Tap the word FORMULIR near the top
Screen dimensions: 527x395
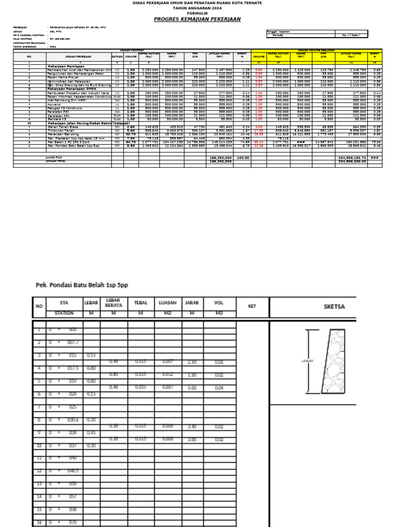(x=197, y=14)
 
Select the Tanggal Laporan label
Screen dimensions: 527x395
(x=279, y=31)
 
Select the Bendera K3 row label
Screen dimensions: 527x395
(x=58, y=119)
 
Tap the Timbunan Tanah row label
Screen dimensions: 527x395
(x=61, y=131)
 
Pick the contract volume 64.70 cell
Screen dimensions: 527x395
(x=131, y=142)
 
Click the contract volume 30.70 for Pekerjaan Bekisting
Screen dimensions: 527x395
(x=131, y=134)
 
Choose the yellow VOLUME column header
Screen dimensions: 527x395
(x=259, y=57)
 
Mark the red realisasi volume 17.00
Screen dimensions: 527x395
(x=259, y=131)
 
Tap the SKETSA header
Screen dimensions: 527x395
(x=334, y=307)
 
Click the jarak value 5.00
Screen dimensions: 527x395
(x=192, y=388)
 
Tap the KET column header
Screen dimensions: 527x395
(x=252, y=307)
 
